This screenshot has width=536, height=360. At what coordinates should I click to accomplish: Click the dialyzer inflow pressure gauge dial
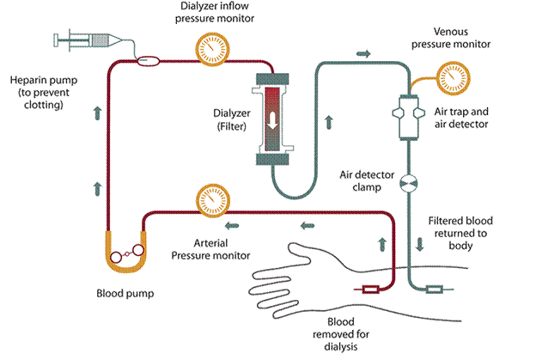(x=212, y=49)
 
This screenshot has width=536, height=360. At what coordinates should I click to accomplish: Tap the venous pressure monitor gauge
(x=454, y=78)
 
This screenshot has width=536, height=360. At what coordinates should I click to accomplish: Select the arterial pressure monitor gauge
(x=213, y=201)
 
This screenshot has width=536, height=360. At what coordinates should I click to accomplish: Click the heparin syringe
(x=88, y=40)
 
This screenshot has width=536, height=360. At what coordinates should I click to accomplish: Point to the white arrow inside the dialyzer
(x=272, y=121)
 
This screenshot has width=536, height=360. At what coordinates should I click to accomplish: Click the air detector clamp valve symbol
(x=409, y=183)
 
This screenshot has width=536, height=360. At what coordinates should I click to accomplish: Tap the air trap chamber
(x=409, y=117)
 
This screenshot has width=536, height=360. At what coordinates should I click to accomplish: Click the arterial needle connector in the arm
(x=370, y=290)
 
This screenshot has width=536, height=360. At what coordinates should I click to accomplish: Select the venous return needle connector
(x=435, y=290)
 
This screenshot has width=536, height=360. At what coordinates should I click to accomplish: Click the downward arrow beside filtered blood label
(x=419, y=244)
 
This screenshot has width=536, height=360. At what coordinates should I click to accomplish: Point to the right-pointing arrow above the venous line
(x=363, y=53)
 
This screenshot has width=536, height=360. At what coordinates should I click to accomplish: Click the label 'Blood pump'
(x=125, y=293)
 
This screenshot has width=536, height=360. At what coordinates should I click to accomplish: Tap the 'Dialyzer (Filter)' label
(x=231, y=119)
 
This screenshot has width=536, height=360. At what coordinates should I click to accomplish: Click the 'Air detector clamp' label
(x=367, y=180)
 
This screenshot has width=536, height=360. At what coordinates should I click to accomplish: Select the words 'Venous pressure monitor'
(x=451, y=38)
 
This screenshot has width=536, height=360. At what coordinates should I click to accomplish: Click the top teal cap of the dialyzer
(x=272, y=79)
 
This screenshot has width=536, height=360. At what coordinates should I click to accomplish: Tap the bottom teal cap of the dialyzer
(x=272, y=159)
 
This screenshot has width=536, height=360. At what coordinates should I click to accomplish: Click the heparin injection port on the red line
(x=148, y=61)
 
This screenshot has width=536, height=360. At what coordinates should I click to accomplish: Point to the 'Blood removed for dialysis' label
(x=341, y=334)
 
